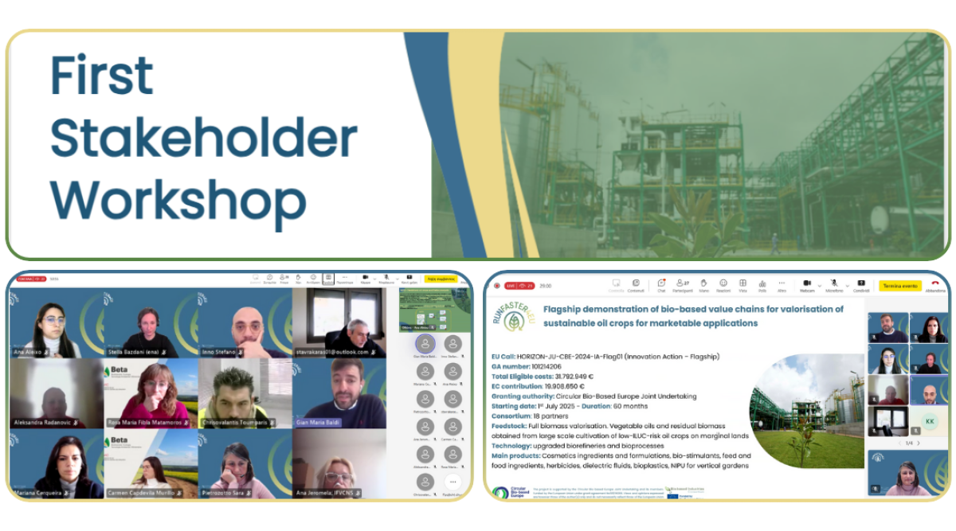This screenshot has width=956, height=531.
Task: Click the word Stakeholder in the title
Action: pos(204,137)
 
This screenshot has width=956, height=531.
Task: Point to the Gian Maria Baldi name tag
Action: pos(315,423)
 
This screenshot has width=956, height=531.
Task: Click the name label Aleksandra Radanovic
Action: pos(44,422)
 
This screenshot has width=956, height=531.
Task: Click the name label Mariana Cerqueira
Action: pos(41,493)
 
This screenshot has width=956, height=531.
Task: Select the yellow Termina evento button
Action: pos(899,285)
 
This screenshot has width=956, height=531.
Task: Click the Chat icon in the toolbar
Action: pos(661,284)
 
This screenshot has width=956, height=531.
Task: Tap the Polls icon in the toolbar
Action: pos(762,284)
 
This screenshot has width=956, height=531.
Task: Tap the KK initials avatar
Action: pos(929,420)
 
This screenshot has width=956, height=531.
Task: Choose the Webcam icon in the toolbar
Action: pos(807,284)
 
